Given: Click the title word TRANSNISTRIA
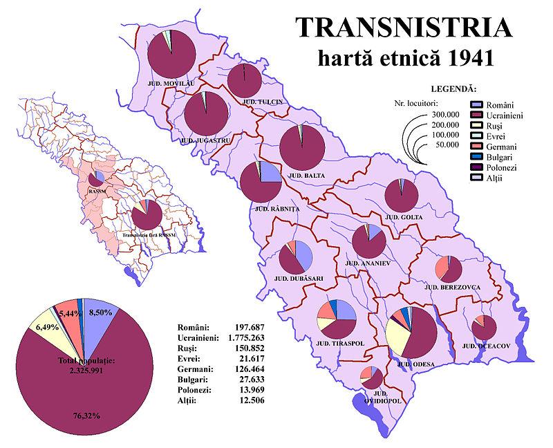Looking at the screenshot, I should click(x=404, y=28).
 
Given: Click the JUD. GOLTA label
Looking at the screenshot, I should click(x=402, y=218).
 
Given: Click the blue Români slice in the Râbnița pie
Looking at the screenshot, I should click(x=270, y=173).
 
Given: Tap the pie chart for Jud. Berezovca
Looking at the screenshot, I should click(x=449, y=268).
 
